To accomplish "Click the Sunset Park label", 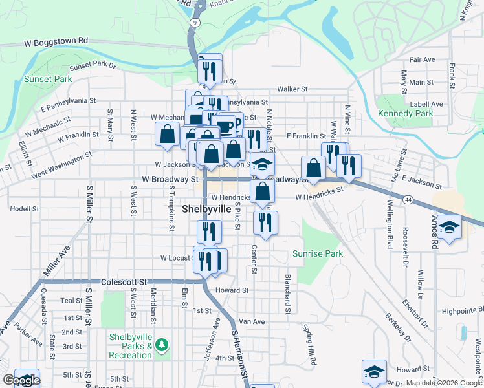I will (48, 79).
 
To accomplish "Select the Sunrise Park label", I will (317, 253).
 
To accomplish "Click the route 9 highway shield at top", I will (194, 23).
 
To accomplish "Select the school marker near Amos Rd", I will (449, 227).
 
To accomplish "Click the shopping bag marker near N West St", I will (167, 135).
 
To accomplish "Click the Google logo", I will (21, 381).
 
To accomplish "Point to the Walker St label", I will (292, 89).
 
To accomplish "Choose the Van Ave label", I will (252, 321).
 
